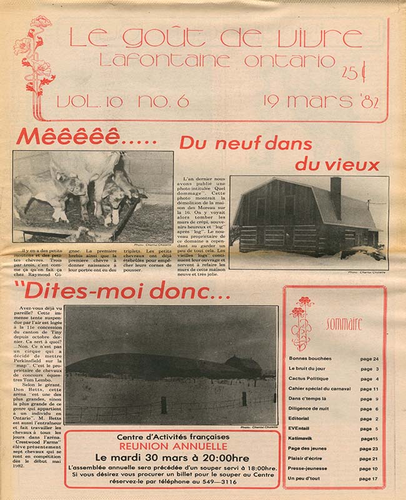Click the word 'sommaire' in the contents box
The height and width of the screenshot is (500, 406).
pyautogui.click(x=343, y=323)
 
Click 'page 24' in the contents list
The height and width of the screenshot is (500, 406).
pyautogui.click(x=369, y=359)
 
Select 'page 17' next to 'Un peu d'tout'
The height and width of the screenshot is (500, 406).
pyautogui.click(x=369, y=479)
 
